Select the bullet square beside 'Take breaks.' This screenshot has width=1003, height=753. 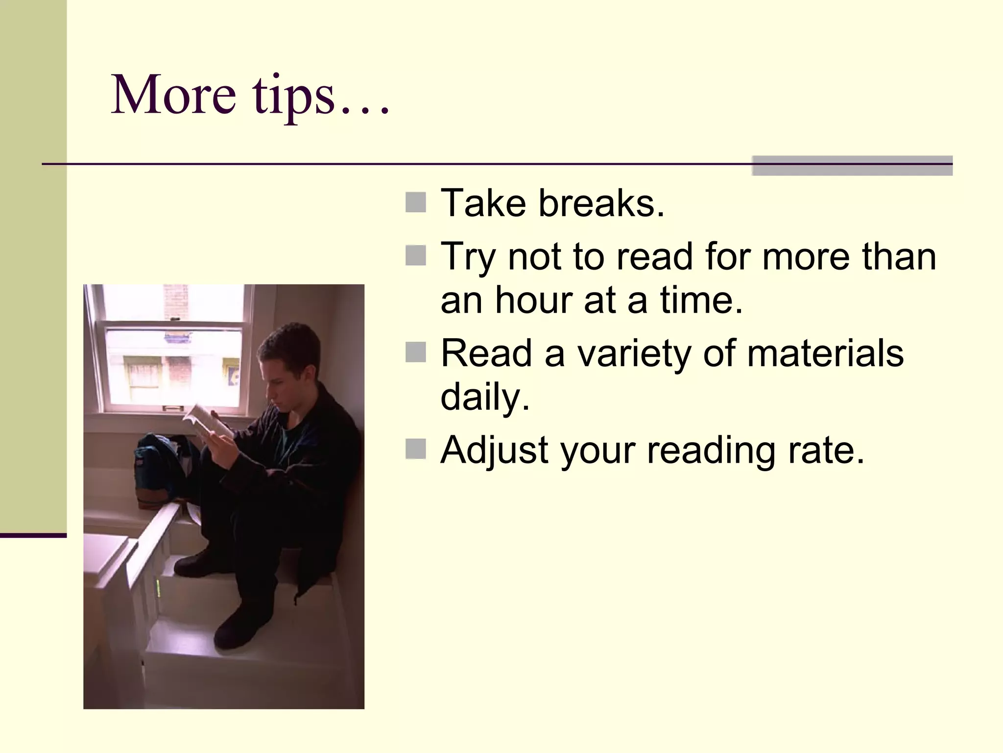(416, 202)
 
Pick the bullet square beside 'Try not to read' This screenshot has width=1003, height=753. (416, 255)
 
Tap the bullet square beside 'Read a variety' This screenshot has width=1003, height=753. (416, 352)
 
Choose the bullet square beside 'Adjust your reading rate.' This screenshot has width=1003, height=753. (416, 449)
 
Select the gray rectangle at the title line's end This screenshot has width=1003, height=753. (852, 165)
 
